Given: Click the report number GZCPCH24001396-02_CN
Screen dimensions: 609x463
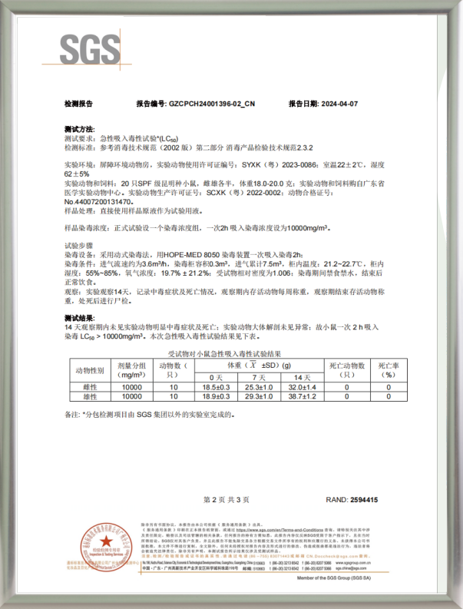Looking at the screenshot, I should (210, 103).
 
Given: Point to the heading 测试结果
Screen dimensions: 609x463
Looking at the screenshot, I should (80, 318).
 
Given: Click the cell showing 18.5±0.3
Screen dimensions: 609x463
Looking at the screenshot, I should (217, 387).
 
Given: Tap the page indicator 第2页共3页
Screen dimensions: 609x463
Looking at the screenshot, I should (230, 500).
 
